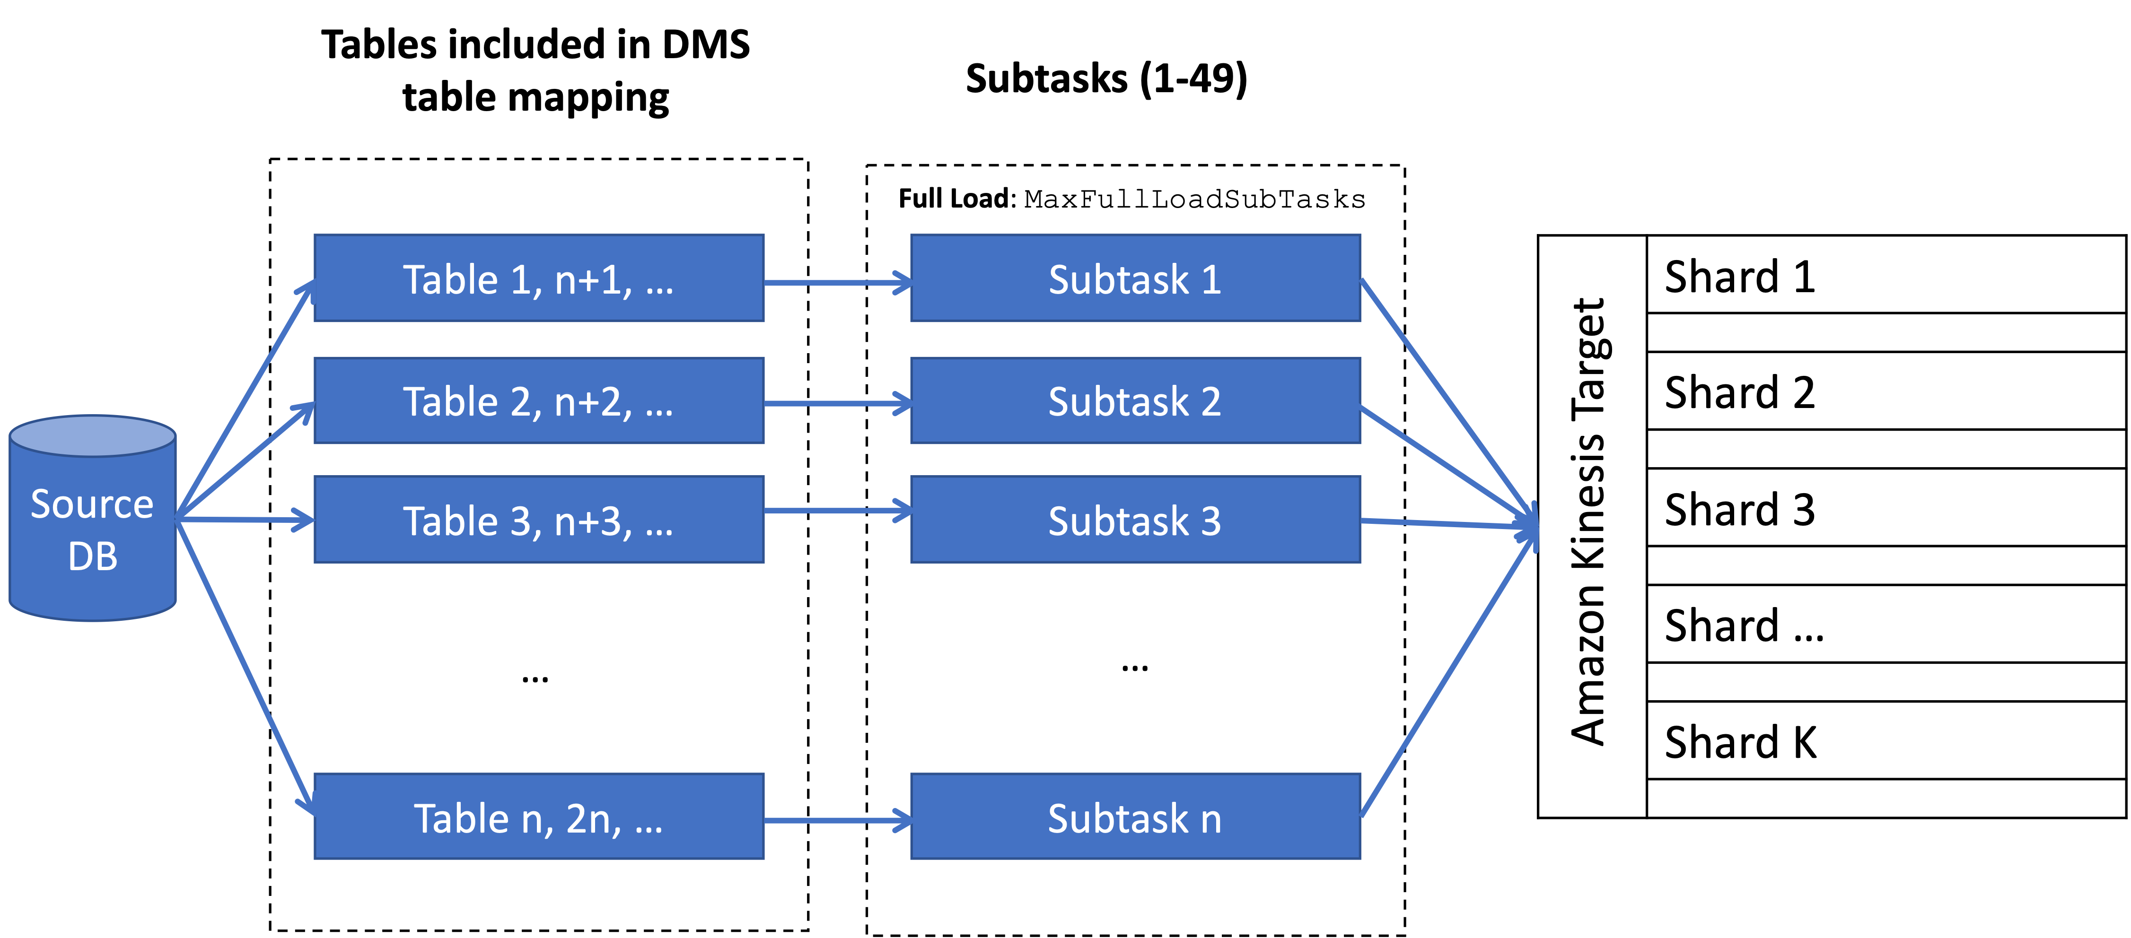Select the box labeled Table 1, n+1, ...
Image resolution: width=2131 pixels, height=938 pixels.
coord(538,279)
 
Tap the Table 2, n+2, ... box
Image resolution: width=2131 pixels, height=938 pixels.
coord(538,401)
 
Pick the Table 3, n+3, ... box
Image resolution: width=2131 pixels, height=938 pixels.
coord(538,520)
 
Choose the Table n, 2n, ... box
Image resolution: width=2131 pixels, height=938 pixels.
coord(538,817)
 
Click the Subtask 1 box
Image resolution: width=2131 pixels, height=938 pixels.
coord(1135,279)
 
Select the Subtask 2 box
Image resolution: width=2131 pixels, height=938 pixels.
coord(1135,401)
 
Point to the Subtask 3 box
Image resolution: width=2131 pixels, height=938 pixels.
coord(1135,520)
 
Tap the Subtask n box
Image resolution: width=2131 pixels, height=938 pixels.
coord(1135,817)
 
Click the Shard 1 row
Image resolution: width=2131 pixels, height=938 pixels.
coord(1886,276)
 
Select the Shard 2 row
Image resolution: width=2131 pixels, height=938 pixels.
coord(1886,391)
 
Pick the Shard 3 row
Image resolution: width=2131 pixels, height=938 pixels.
coord(1886,508)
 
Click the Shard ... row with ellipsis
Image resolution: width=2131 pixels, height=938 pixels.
coord(1886,625)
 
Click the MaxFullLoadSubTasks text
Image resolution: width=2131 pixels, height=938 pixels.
coord(1194,200)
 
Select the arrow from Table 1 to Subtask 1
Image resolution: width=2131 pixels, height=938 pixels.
coord(835,283)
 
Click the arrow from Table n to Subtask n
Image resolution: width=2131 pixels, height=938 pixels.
coord(835,821)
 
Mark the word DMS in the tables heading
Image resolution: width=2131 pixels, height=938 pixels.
coord(706,44)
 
